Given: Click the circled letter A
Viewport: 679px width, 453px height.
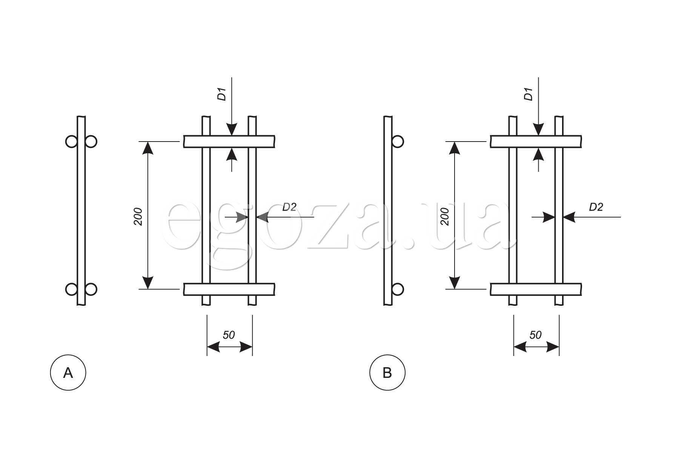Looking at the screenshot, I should click(68, 373).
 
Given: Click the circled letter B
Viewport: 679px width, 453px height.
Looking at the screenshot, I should click(387, 373).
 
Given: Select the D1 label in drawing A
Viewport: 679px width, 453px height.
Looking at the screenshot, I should click(222, 94).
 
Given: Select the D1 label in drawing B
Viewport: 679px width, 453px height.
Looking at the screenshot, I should click(528, 94).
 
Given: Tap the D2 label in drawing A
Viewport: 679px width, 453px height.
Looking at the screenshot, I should click(289, 207).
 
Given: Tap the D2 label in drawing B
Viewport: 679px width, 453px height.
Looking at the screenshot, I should click(596, 207).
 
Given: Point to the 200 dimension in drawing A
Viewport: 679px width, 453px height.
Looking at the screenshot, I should click(138, 216).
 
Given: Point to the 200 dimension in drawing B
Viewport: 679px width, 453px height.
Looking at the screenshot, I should click(445, 216).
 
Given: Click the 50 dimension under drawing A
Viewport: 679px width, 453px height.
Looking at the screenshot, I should click(229, 335).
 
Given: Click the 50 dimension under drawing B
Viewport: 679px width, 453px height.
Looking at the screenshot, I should click(535, 335).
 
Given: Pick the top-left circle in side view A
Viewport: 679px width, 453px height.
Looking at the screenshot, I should click(71, 142).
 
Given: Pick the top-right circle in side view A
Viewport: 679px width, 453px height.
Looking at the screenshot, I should click(91, 142).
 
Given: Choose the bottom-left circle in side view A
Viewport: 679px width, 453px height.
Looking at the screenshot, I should click(71, 289).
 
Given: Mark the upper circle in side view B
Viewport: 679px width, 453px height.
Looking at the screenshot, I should click(398, 142).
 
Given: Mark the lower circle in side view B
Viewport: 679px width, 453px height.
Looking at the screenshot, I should click(398, 289).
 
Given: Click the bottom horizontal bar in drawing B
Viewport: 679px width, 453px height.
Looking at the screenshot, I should click(536, 289).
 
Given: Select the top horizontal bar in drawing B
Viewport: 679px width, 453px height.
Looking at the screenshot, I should click(536, 141).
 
